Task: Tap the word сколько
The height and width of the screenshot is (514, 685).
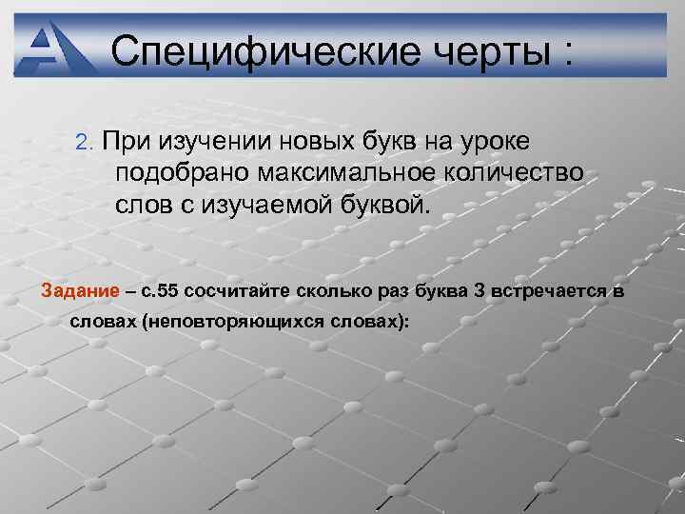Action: coord(341,289)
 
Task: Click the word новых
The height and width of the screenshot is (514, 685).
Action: coord(315,142)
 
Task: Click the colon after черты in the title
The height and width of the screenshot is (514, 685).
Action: coord(568,54)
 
